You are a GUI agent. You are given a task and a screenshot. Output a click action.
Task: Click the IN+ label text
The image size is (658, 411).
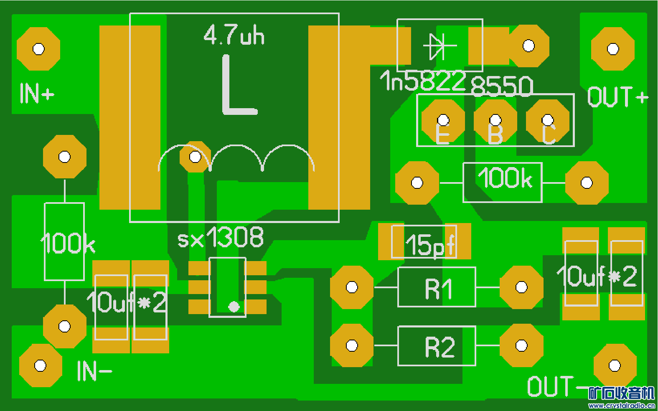click(x=37, y=93)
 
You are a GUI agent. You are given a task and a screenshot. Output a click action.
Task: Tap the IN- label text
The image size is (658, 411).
click(x=94, y=371)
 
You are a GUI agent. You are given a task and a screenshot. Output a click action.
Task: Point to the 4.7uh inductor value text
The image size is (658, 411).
click(x=234, y=35)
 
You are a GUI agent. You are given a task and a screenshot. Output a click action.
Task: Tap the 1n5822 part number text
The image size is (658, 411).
click(x=422, y=81)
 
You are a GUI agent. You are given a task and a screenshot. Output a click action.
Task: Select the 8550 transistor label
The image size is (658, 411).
click(x=502, y=86)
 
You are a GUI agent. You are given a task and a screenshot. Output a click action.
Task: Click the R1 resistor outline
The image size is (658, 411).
click(x=437, y=287)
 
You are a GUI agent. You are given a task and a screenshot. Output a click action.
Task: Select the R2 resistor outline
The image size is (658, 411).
click(x=437, y=346)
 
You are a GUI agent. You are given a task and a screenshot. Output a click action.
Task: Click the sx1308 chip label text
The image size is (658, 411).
click(x=221, y=238)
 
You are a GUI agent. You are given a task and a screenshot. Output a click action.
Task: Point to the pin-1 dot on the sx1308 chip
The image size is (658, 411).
click(x=234, y=307)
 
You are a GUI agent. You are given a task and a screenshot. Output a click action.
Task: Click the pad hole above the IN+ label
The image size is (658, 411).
click(x=38, y=49)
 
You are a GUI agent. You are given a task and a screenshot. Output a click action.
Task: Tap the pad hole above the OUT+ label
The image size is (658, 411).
click(x=613, y=49)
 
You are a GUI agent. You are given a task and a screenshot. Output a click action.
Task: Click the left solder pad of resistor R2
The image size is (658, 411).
click(x=352, y=345)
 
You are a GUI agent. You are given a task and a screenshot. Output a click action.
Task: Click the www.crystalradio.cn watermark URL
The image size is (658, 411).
click(x=621, y=406)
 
